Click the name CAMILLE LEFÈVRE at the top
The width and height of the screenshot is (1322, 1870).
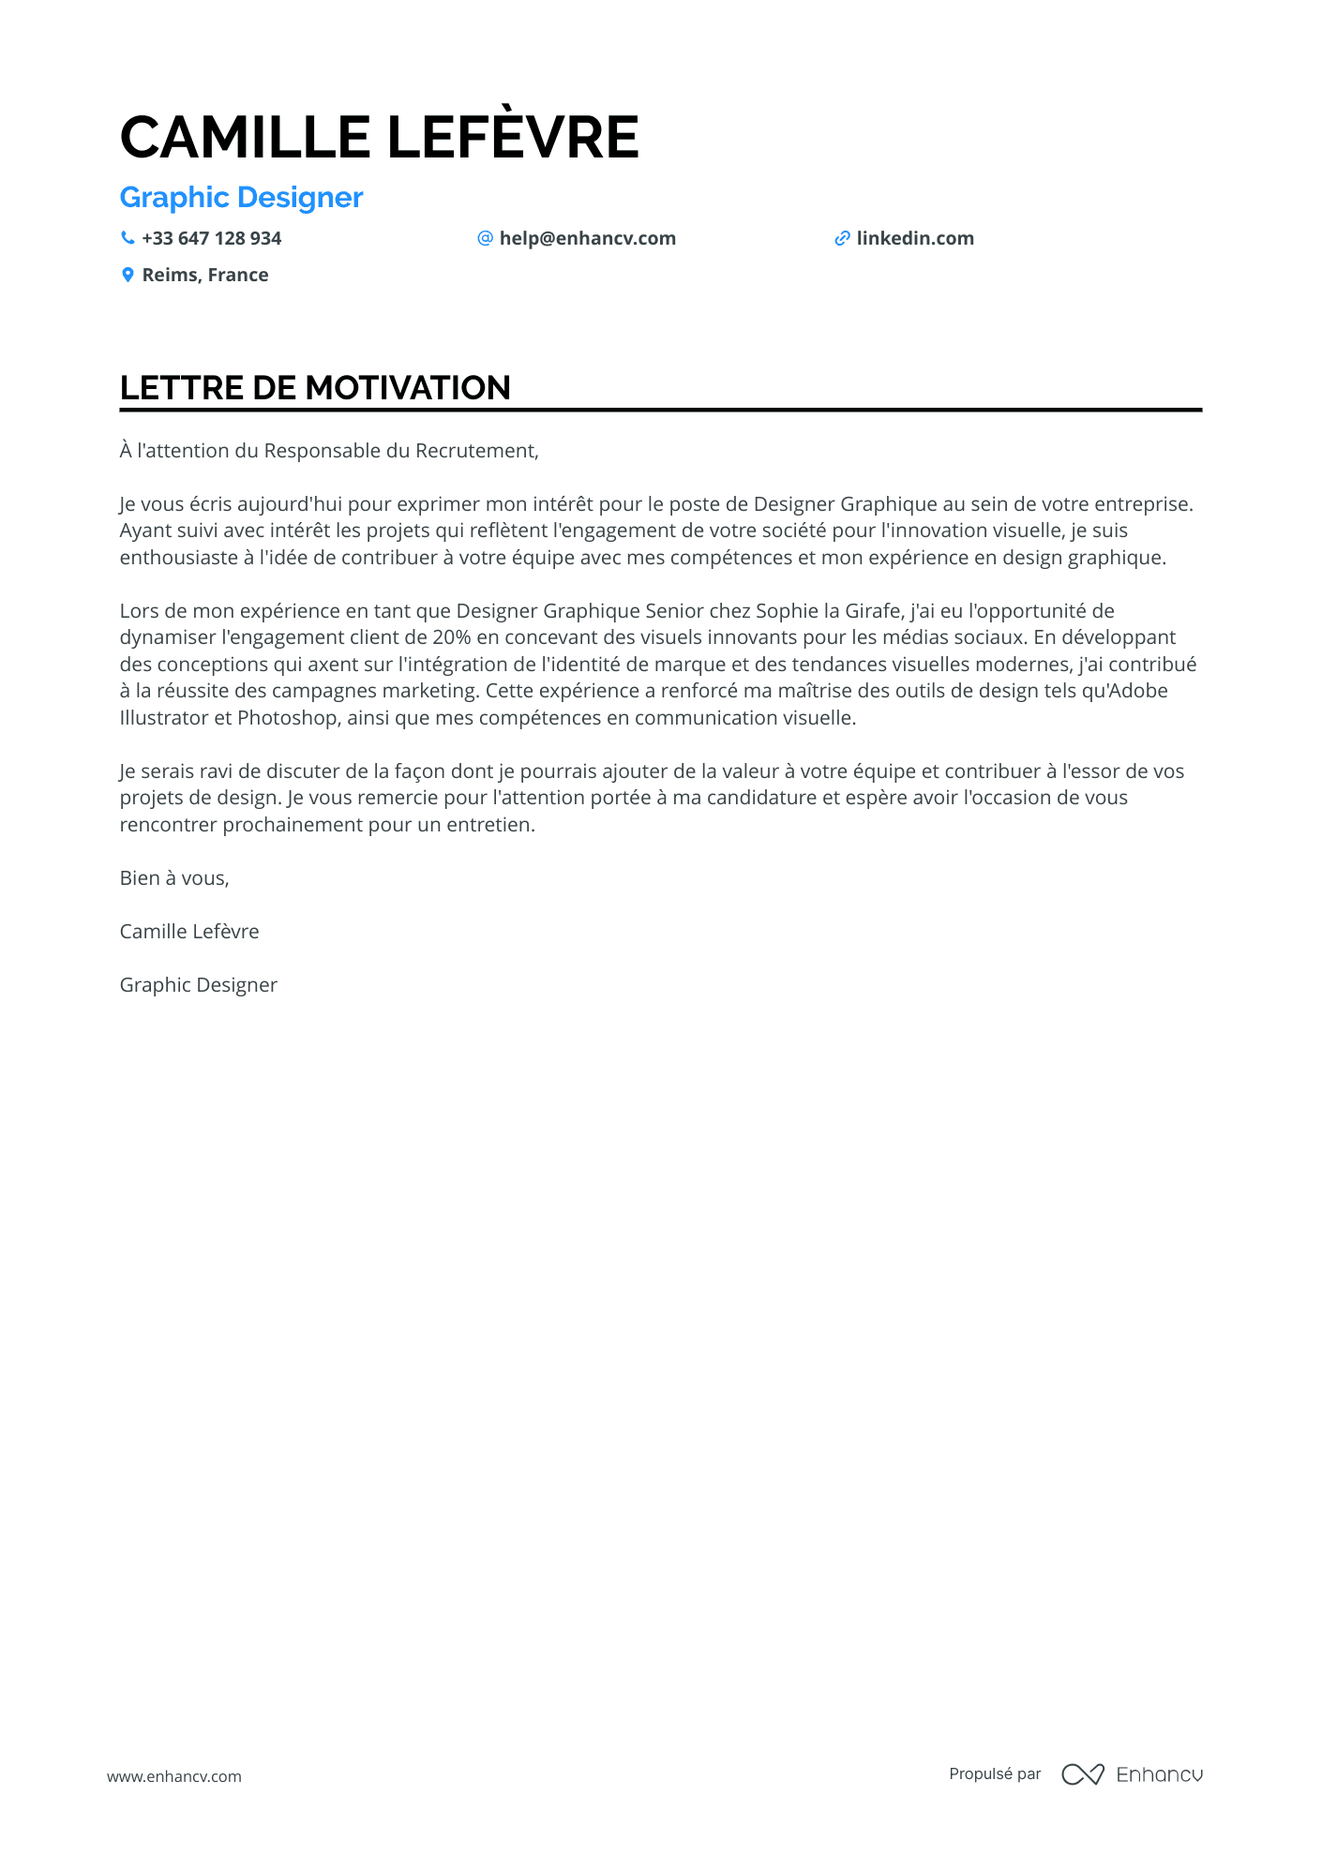[379, 137]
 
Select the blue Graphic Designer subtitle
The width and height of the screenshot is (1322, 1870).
[241, 198]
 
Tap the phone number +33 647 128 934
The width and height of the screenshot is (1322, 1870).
[211, 238]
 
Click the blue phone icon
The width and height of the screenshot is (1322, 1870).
[128, 238]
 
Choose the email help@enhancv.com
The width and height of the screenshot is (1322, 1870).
[587, 238]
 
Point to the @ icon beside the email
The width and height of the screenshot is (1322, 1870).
[485, 238]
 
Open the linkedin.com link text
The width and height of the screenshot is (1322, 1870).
[914, 238]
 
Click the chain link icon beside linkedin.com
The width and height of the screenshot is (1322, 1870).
[842, 239]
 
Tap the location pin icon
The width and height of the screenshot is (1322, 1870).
[128, 275]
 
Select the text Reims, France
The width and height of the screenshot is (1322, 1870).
[204, 275]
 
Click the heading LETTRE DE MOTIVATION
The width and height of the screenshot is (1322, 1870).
[315, 388]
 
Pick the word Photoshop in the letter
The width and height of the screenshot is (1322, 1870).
[287, 718]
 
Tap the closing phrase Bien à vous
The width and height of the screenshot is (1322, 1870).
[173, 878]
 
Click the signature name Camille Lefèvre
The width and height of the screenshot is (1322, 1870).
[189, 932]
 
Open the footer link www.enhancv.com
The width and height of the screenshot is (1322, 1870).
[173, 1776]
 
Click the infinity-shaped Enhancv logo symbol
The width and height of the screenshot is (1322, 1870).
[1082, 1774]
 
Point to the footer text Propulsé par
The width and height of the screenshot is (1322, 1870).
[995, 1773]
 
